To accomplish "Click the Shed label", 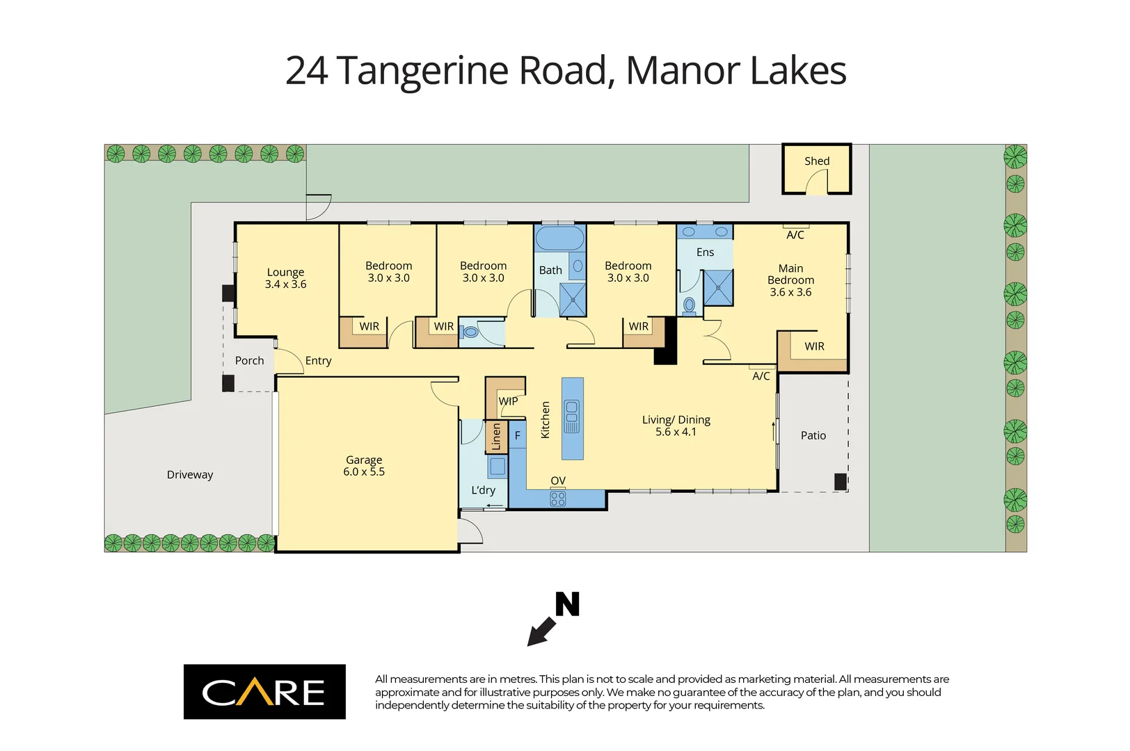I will click(x=817, y=161).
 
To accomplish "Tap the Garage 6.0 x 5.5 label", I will click(x=364, y=466).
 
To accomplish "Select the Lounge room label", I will click(x=285, y=273).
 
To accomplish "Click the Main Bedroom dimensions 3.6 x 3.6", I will click(x=790, y=293).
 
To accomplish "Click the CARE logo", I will click(x=264, y=692).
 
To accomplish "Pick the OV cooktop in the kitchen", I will click(x=558, y=499).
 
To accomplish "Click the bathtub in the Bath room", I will click(x=560, y=239).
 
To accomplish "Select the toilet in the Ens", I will click(x=690, y=305).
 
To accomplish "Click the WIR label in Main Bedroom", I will click(x=814, y=346).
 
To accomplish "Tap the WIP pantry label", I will click(x=508, y=401).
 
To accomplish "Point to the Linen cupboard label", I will click(x=496, y=437).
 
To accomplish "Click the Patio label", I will click(x=813, y=436).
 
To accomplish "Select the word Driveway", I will click(x=190, y=475).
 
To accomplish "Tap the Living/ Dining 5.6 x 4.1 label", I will click(x=676, y=426).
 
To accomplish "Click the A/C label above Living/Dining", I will click(x=761, y=376).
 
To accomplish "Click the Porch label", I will click(x=249, y=361).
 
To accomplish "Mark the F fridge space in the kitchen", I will click(x=517, y=436).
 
